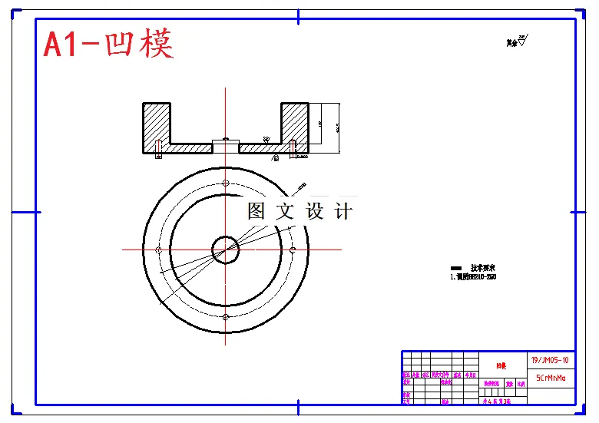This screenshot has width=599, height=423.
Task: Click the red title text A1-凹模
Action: [108, 44]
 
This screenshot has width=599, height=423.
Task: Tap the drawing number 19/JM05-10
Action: [550, 359]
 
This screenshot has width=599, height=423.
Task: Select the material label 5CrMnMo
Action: [550, 378]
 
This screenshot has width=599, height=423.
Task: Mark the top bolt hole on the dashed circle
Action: [226, 183]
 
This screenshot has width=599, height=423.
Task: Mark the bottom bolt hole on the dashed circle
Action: [226, 316]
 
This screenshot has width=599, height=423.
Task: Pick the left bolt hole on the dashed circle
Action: [158, 250]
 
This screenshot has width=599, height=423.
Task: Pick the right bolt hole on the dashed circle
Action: [293, 250]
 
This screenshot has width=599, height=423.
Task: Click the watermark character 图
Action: [256, 211]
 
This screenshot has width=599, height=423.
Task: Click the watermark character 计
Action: [343, 211]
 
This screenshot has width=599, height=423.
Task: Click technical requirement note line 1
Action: [472, 277]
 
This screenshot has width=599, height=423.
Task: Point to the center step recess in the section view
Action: [226, 144]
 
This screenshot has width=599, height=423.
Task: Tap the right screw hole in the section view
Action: [294, 147]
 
